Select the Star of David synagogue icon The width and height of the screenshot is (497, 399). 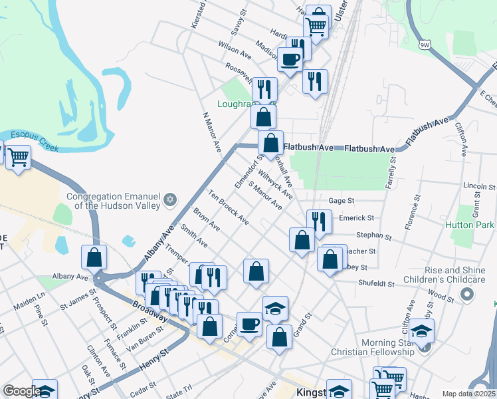pyautogui.click(x=170, y=199)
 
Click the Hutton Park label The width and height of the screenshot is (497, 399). pyautogui.click(x=470, y=225)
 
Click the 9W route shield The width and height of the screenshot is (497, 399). pyautogui.click(x=425, y=45)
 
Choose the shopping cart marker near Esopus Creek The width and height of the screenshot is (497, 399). pyautogui.click(x=18, y=158)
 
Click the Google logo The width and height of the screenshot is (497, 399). pyautogui.click(x=22, y=391)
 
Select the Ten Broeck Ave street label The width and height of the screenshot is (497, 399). pyautogui.click(x=228, y=207)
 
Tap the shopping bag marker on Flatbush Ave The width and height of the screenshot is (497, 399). pyautogui.click(x=270, y=143)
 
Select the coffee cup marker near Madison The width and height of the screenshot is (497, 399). pyautogui.click(x=290, y=59)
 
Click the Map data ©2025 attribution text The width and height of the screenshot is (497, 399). pyautogui.click(x=468, y=394)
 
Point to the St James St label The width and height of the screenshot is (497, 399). pyautogui.click(x=74, y=307)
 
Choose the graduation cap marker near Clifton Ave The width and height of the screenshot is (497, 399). pyautogui.click(x=421, y=331)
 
